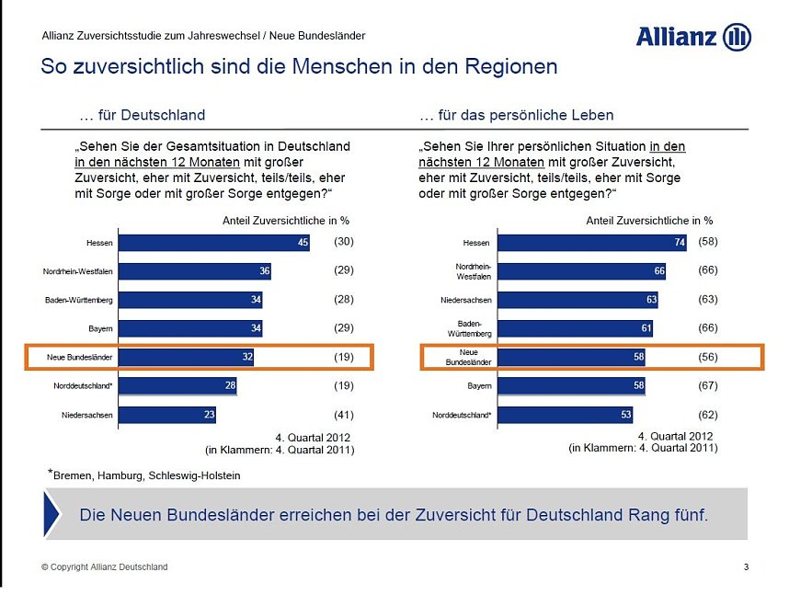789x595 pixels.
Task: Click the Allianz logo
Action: click(693, 37)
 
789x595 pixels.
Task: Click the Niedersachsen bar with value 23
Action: click(168, 415)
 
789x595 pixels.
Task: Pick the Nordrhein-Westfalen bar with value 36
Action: click(196, 271)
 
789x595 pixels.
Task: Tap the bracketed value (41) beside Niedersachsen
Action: click(343, 415)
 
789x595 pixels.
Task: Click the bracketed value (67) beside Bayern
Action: click(707, 385)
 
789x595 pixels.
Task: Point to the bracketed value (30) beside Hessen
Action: click(343, 242)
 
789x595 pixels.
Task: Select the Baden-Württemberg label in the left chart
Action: click(79, 301)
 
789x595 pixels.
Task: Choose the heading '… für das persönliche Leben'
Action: click(516, 116)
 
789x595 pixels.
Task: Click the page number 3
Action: click(746, 567)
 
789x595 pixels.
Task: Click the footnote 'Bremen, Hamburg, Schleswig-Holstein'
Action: click(146, 475)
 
